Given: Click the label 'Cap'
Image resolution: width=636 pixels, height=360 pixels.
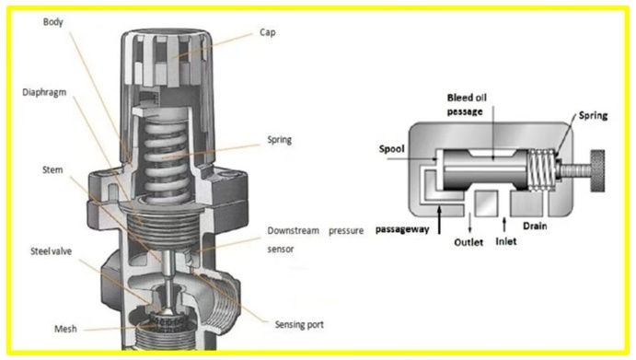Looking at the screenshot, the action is [267, 32].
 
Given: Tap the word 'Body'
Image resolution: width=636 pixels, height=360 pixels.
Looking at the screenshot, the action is [53, 22].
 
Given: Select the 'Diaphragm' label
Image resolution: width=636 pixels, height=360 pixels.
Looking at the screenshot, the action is [44, 93].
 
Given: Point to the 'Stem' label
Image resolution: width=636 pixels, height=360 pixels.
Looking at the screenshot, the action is [52, 169].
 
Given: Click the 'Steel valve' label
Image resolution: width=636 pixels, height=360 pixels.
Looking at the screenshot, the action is [52, 251].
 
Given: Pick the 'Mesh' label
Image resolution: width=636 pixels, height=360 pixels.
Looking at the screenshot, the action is [65, 329].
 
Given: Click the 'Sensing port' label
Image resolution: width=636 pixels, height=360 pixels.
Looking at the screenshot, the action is [299, 325].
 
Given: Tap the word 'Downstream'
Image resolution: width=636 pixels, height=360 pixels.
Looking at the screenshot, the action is [294, 231].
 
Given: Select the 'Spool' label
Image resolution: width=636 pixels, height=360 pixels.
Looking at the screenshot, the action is [391, 149].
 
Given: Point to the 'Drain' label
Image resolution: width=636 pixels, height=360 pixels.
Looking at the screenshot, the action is [535, 226].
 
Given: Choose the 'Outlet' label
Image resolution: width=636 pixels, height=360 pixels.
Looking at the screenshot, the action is [468, 242].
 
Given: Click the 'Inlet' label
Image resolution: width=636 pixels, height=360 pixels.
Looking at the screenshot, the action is [506, 241].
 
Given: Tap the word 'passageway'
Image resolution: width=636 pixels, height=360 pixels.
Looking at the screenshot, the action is [402, 229].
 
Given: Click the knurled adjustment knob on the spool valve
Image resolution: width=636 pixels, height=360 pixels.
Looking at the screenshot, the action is [597, 170].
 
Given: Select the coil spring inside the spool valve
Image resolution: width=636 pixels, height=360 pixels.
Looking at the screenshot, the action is [542, 169].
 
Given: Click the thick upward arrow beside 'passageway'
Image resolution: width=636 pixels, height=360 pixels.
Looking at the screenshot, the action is [439, 220].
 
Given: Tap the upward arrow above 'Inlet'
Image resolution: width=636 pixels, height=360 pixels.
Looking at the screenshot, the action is [504, 225].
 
